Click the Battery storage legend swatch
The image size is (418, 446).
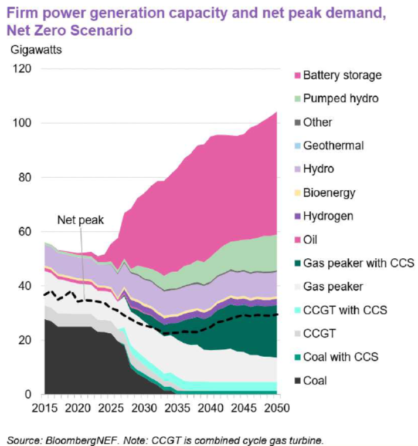(297, 75)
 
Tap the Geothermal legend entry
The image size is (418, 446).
(333, 146)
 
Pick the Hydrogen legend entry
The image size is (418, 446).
(328, 216)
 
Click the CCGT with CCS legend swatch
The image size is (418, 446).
(297, 310)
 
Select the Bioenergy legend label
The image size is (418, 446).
(329, 192)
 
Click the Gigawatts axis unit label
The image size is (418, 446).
(36, 49)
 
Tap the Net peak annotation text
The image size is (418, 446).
(80, 220)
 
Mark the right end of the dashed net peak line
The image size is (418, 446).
(277, 315)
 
